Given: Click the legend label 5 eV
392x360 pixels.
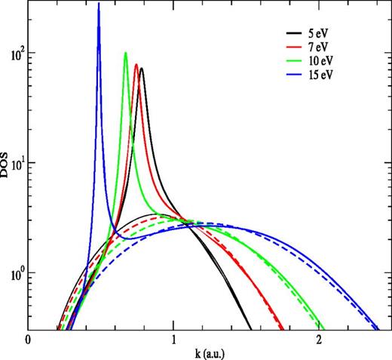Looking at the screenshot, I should click(317, 34).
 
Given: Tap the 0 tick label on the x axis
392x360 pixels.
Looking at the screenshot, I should click(28, 340).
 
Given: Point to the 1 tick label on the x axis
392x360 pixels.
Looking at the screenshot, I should click(173, 340).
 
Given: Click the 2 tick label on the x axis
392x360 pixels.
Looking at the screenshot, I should click(320, 340).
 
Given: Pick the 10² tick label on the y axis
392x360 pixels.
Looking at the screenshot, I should click(14, 54).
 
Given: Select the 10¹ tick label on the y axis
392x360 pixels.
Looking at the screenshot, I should click(14, 164).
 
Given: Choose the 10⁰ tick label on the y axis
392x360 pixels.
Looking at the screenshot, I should click(14, 273).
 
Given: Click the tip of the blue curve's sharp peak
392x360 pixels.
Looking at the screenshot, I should click(99, 4).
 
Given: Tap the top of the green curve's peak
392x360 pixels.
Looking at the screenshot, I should click(126, 52).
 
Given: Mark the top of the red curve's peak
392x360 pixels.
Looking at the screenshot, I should click(136, 64).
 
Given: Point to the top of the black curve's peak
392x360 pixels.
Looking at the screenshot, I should click(142, 69).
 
